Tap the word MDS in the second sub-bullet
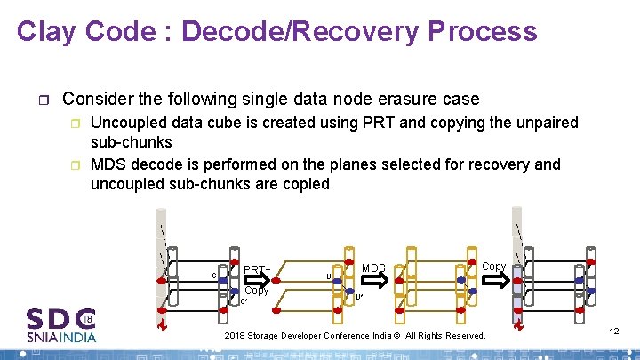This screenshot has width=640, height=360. click(108, 164)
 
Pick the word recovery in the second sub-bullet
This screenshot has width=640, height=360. click(502, 164)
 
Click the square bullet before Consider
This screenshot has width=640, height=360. click(45, 100)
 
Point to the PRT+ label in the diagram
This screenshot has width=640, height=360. click(257, 268)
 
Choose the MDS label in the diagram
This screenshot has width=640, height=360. click(373, 268)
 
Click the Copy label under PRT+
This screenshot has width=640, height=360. click(256, 291)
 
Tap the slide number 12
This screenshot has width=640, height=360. click(613, 331)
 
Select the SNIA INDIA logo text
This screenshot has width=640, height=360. click(61, 337)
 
